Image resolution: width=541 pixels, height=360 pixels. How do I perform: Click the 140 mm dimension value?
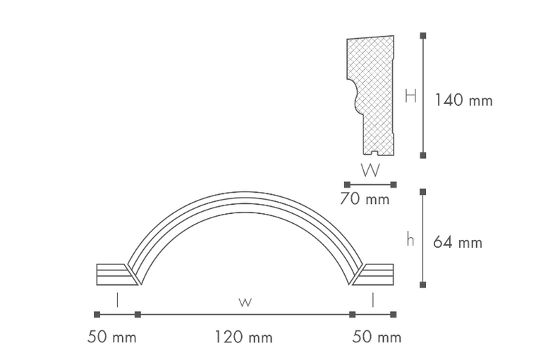click(463, 100)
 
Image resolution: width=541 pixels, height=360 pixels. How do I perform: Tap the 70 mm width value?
click(365, 199)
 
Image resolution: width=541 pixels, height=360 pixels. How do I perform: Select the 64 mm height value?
click(458, 242)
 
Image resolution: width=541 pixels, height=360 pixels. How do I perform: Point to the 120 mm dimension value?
click(243, 337)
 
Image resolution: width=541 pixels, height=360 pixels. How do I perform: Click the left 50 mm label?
click(111, 337)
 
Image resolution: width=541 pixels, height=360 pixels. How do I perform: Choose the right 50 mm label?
click(377, 337)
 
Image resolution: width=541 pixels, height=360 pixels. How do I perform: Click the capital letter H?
click(411, 96)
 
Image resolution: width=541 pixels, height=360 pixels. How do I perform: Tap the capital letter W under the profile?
click(370, 170)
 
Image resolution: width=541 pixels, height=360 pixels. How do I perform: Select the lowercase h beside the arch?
click(410, 239)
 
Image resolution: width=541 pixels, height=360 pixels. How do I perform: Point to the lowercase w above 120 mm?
click(245, 302)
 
